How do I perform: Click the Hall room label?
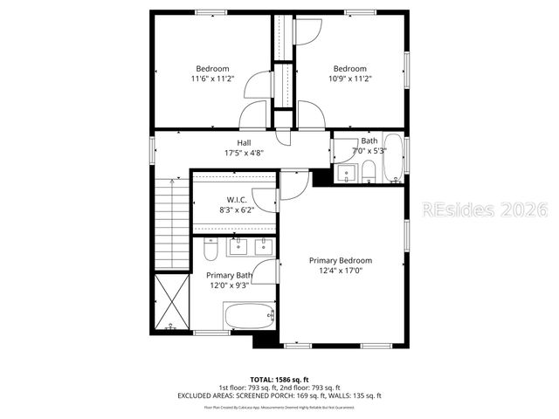244,142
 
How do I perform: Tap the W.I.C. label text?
237,200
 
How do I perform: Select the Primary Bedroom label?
340,260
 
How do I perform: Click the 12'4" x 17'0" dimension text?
340,271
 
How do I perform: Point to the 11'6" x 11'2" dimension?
212,79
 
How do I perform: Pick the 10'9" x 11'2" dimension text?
349,79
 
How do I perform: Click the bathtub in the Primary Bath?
250,316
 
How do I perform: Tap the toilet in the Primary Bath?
210,252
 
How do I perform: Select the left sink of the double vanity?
238,248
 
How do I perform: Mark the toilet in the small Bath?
369,169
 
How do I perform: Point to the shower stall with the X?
172,300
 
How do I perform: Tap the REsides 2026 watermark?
485,209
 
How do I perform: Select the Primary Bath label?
230,275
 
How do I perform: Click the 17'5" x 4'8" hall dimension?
244,153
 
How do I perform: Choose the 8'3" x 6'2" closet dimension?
237,210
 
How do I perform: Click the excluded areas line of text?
279,395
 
